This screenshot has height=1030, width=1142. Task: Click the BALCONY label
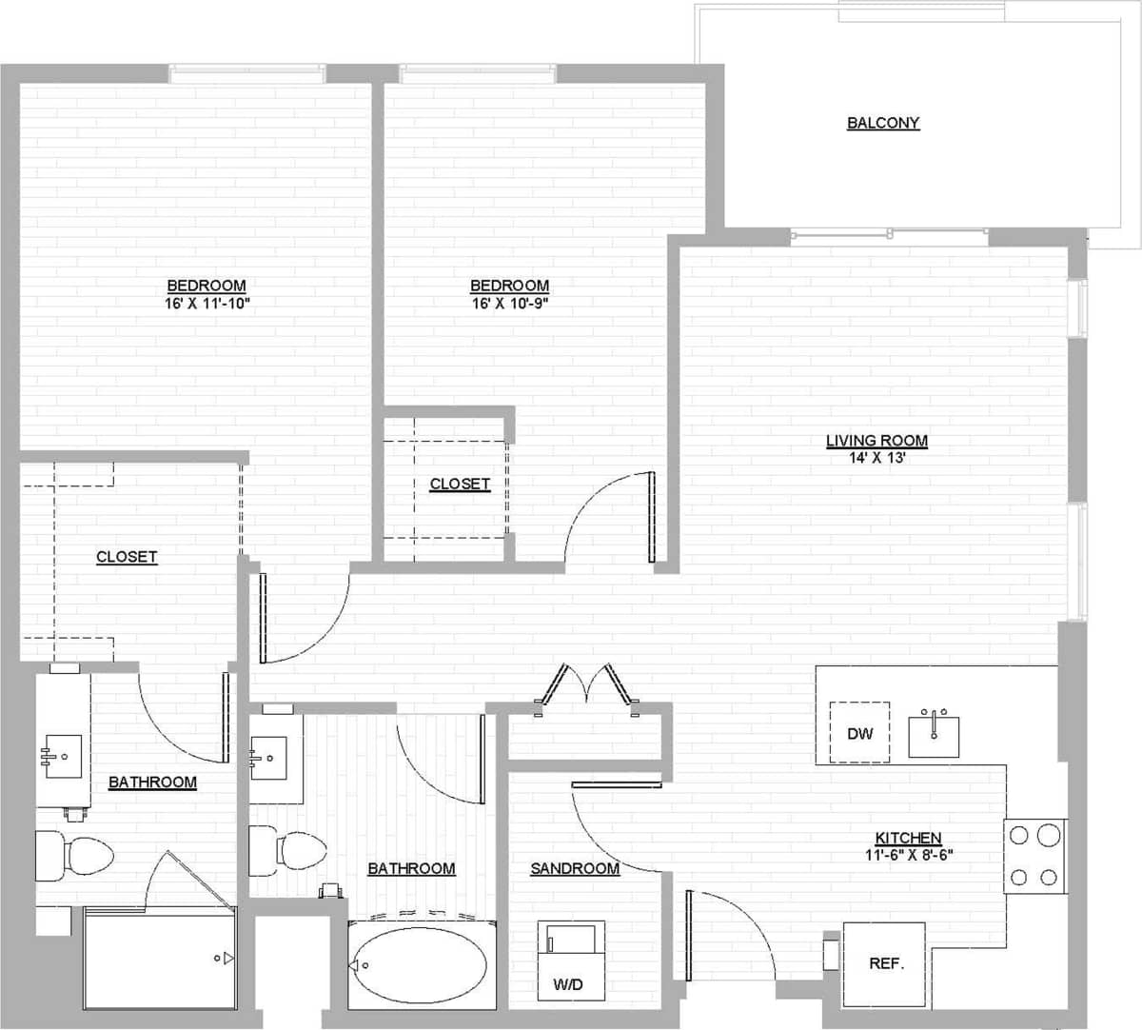point(883,123)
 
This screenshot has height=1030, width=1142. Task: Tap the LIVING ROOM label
point(876,441)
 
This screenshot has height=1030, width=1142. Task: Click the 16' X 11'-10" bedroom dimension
point(207,304)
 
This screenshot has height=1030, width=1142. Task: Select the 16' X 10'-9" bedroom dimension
point(509,304)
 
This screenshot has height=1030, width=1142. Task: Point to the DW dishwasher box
point(859,732)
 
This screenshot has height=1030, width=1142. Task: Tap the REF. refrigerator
point(884,963)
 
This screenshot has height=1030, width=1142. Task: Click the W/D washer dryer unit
point(570,960)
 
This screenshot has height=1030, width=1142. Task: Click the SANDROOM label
point(575,868)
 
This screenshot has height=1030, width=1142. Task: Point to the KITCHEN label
point(909,838)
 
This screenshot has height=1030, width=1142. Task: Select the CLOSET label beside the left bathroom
point(127,557)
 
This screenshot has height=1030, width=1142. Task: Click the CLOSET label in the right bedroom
point(460,484)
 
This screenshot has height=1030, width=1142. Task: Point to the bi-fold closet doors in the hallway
point(586,684)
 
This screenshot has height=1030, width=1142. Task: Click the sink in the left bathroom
point(62,756)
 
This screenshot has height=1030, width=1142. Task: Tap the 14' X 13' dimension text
point(876,458)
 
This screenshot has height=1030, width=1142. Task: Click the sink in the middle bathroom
point(269,758)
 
